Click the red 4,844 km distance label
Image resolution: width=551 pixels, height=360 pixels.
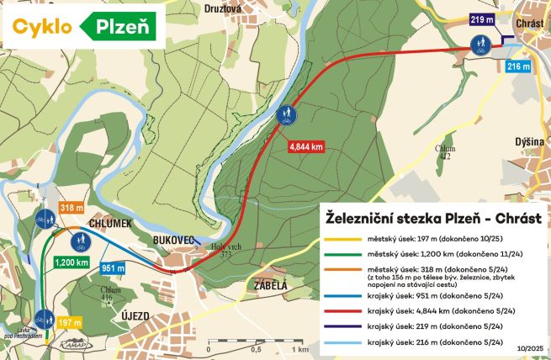pos(306,146)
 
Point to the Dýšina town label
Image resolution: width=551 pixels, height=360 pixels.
pos(531,142)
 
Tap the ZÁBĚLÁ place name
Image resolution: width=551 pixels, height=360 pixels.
pos(270,285)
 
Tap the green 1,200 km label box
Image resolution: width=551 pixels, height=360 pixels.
pos(72,262)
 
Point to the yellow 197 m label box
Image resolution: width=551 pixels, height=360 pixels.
pos(71,321)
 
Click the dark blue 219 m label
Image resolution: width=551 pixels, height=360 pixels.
pos(482,20)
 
